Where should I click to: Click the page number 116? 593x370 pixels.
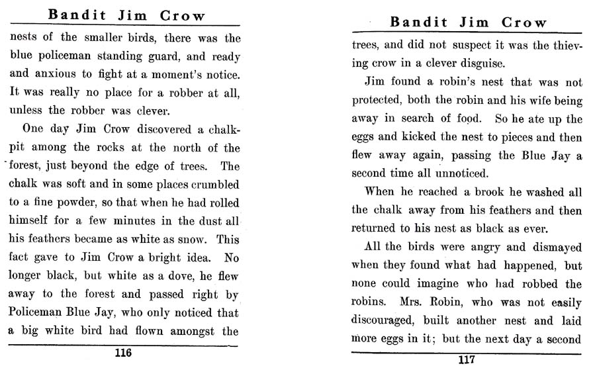pos(123,353)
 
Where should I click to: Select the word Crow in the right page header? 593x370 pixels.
pos(524,23)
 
